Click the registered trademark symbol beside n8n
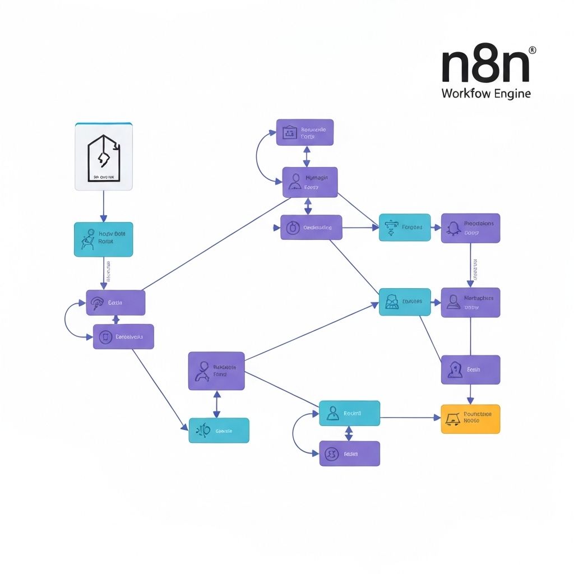[532, 50]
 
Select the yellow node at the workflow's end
[470, 419]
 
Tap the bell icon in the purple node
[453, 228]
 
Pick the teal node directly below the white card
[104, 239]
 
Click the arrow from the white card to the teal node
[103, 206]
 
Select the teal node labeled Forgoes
[405, 227]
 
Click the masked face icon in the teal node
[392, 302]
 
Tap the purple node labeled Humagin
[310, 182]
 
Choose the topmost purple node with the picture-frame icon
[305, 132]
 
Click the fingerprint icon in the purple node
[97, 303]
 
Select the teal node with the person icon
[349, 413]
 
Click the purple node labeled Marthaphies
[470, 302]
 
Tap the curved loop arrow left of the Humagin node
[261, 158]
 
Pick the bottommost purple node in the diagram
[349, 453]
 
